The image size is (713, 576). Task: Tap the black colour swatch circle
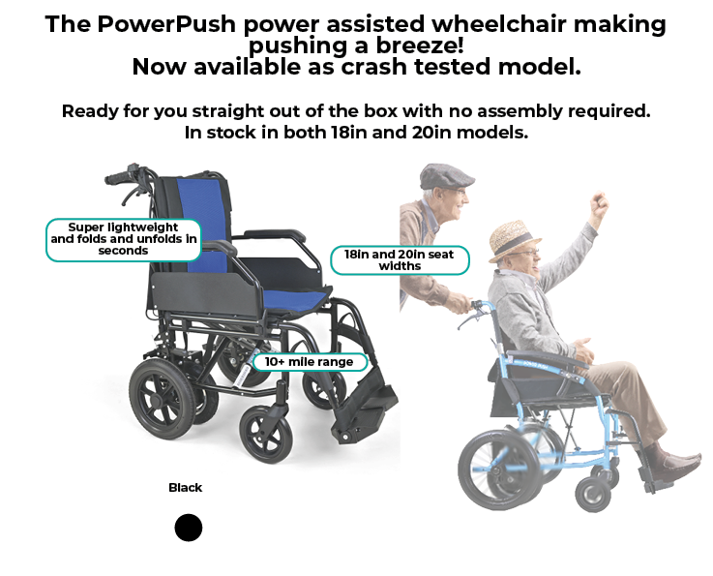pos(189,528)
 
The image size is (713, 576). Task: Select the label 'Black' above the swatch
pos(185,488)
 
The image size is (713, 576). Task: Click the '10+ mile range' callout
pos(310,362)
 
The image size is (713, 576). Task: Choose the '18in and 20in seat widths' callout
pos(400,259)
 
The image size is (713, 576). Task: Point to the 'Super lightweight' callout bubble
pos(123,239)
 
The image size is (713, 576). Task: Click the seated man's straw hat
pos(515,236)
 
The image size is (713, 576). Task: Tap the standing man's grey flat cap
pos(446,176)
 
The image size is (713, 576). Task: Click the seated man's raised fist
pos(601,205)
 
